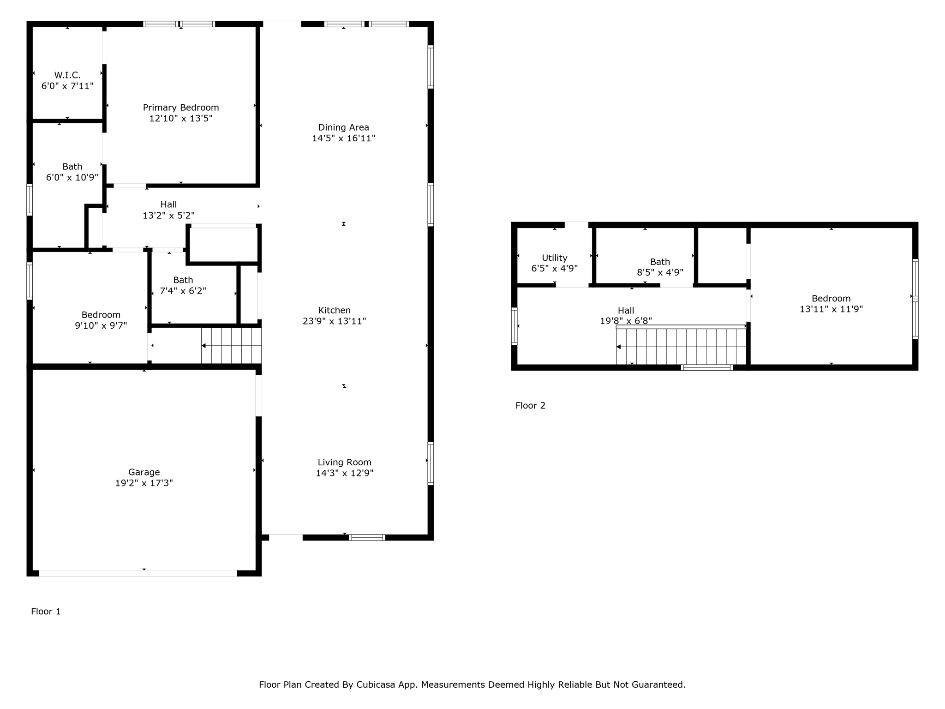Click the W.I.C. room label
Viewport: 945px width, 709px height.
(67, 75)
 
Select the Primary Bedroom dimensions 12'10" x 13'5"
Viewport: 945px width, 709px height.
(181, 119)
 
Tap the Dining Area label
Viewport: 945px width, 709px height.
(343, 127)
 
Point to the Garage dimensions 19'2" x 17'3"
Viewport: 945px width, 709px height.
(144, 483)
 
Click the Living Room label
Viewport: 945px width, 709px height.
(344, 463)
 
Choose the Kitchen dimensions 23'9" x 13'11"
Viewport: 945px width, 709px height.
(334, 321)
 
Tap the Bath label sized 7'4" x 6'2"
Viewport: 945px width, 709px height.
(183, 280)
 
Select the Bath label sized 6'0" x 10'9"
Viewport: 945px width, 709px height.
(72, 167)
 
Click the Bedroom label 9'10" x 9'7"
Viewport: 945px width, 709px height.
(101, 315)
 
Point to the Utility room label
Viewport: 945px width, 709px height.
(554, 258)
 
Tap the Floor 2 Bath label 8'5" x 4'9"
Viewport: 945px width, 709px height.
(660, 262)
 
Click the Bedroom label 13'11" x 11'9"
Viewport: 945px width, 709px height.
(831, 299)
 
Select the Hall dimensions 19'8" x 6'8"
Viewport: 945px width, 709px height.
(626, 321)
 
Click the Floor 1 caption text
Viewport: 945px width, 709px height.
(46, 612)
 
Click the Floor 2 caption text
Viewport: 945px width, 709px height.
(530, 406)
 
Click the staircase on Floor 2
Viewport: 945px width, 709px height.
(681, 347)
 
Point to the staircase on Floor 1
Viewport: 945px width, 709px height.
(231, 346)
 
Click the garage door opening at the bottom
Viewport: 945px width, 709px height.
(138, 573)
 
